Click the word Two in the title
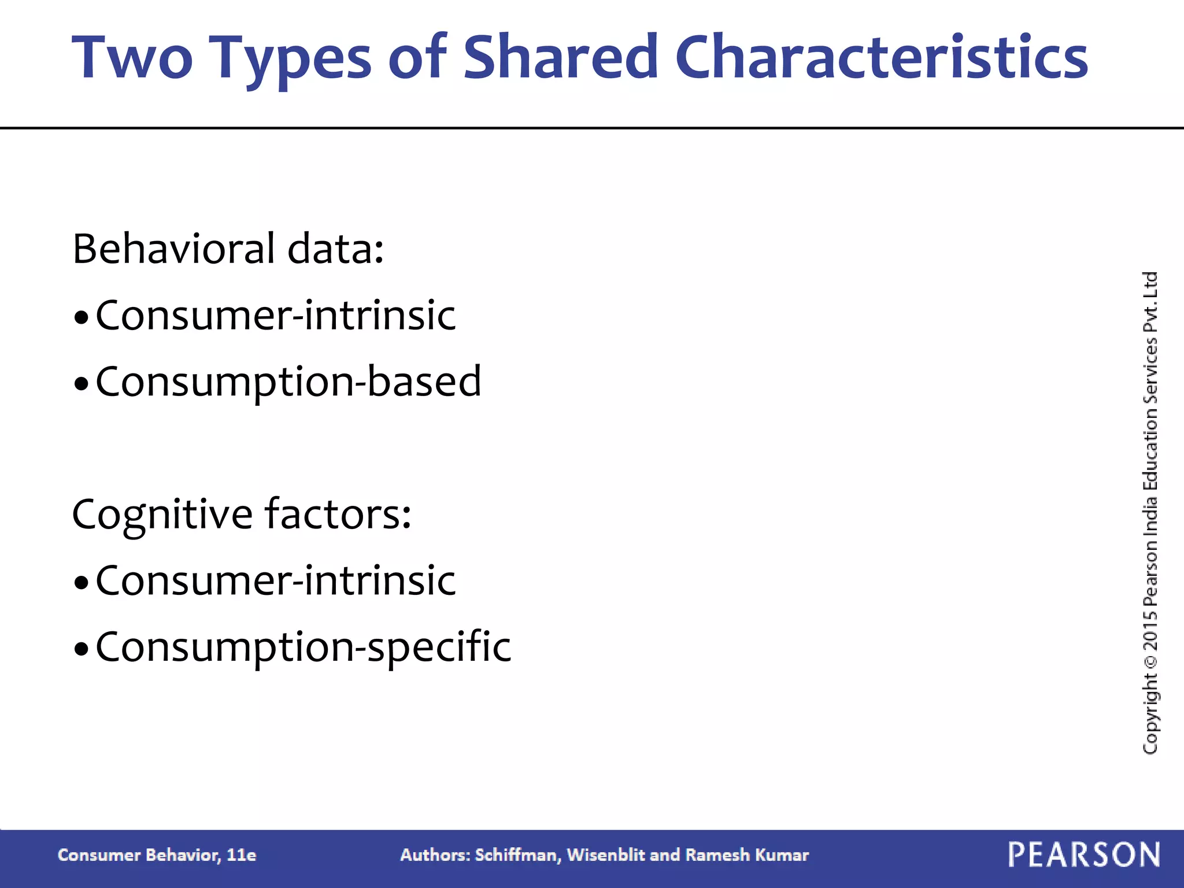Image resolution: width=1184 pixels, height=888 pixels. point(132,58)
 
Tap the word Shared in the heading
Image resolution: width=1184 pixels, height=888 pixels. point(561,58)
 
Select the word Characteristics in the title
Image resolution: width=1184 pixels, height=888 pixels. point(881,58)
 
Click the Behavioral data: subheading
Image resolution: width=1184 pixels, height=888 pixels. point(228,249)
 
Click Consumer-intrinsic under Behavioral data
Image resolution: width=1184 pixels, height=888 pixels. point(276,316)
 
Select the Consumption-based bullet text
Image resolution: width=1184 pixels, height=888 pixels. point(288,382)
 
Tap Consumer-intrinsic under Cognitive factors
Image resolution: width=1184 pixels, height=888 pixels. point(276,580)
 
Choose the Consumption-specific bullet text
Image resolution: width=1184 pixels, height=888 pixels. point(303,647)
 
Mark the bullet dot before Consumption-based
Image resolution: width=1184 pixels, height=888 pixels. point(82,383)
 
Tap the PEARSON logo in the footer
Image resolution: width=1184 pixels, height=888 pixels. point(1084,855)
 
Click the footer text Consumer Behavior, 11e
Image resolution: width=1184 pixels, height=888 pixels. point(157,855)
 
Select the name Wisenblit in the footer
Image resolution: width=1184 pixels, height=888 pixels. point(605,855)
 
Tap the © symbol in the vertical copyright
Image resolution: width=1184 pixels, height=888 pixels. point(1150,660)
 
